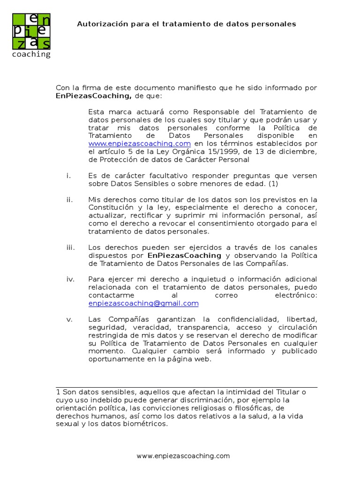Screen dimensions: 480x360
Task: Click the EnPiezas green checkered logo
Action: tap(31, 31)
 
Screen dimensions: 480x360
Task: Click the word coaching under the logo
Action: tap(31, 54)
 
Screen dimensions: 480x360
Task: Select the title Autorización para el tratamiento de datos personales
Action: tap(187, 24)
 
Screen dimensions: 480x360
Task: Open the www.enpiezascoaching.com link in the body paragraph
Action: tap(139, 143)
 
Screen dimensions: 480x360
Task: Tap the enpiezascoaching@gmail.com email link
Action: tap(143, 303)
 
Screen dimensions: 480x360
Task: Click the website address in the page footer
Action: tap(183, 456)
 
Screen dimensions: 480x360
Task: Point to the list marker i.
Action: tap(68, 175)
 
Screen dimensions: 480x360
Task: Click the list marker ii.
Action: tap(69, 200)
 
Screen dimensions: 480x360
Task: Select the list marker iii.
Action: tap(70, 247)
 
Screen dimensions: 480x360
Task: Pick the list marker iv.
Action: tap(70, 279)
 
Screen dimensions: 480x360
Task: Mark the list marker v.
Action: tap(69, 319)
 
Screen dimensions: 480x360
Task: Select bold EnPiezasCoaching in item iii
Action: tap(184, 255)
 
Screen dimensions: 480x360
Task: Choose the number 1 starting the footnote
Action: tap(58, 392)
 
